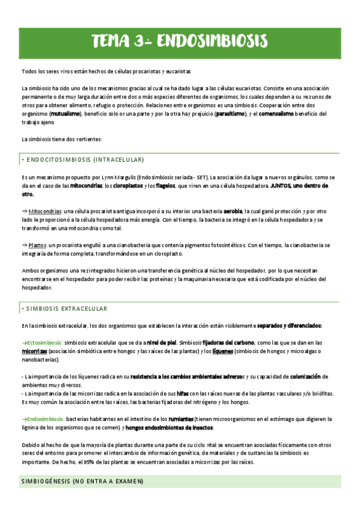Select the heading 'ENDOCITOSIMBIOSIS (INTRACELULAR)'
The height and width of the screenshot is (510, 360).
(x=84, y=159)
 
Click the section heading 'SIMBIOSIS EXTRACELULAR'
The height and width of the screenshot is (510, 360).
(x=66, y=309)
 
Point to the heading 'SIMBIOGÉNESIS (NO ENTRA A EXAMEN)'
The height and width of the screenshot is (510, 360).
(x=82, y=482)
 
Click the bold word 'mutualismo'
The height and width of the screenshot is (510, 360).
(x=66, y=113)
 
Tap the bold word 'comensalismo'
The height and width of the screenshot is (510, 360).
(x=278, y=113)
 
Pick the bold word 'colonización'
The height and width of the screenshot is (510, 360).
(x=305, y=376)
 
